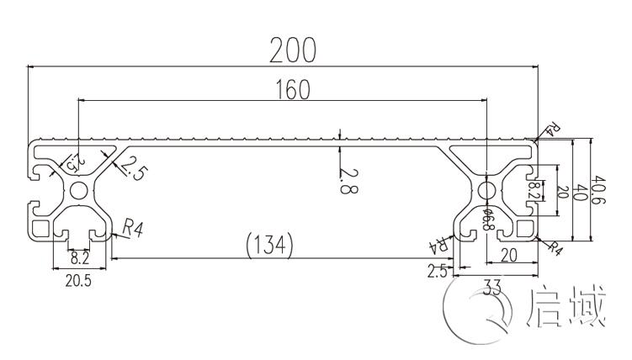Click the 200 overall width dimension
pyautogui.click(x=292, y=51)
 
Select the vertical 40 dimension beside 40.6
pyautogui.click(x=579, y=192)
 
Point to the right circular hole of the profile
pyautogui.click(x=486, y=191)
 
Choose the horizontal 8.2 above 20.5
pyautogui.click(x=79, y=258)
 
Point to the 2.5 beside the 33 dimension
pyautogui.click(x=436, y=271)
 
